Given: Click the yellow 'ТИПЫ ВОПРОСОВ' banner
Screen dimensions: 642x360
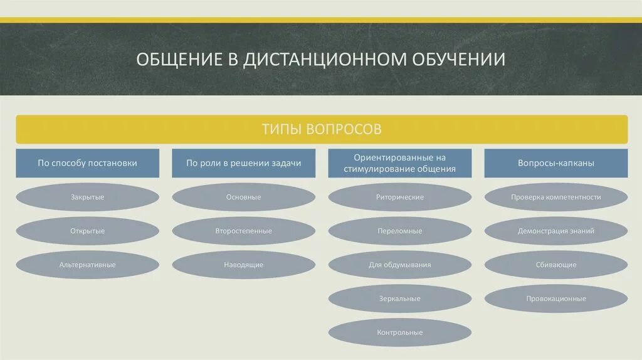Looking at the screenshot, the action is pyautogui.click(x=321, y=129).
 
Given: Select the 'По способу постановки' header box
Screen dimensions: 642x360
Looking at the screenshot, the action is pyautogui.click(x=87, y=163).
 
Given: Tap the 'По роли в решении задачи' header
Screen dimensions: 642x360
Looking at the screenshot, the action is pyautogui.click(x=243, y=163).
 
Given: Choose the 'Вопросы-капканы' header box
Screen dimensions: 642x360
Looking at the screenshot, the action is pyautogui.click(x=555, y=163).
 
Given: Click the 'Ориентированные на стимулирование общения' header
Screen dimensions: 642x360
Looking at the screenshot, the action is pyautogui.click(x=399, y=163).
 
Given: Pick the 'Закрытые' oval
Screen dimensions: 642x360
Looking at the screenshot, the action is pyautogui.click(x=87, y=197).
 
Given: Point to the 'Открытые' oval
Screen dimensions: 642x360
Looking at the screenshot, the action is pyautogui.click(x=87, y=231).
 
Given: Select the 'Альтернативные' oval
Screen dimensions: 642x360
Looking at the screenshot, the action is pyautogui.click(x=87, y=265).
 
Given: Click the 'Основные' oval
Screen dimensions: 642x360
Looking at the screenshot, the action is pyautogui.click(x=243, y=197).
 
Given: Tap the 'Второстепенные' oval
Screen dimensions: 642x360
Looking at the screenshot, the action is pyautogui.click(x=243, y=231).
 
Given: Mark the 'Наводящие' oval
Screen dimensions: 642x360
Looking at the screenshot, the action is pyautogui.click(x=243, y=265).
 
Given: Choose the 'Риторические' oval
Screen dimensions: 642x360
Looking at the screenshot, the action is pyautogui.click(x=399, y=197).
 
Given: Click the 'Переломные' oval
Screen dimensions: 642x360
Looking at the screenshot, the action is pyautogui.click(x=399, y=231).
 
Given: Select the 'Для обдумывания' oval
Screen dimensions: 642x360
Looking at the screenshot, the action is pyautogui.click(x=399, y=265).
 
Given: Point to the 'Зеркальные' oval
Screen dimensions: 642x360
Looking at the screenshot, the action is pyautogui.click(x=399, y=299).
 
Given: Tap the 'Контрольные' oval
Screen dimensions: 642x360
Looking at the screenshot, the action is pyautogui.click(x=399, y=332).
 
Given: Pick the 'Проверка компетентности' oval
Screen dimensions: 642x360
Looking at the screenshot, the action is pyautogui.click(x=555, y=197).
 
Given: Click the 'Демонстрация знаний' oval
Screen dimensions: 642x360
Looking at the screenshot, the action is pyautogui.click(x=555, y=231).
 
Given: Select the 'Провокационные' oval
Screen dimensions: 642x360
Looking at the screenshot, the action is pyautogui.click(x=555, y=299).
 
